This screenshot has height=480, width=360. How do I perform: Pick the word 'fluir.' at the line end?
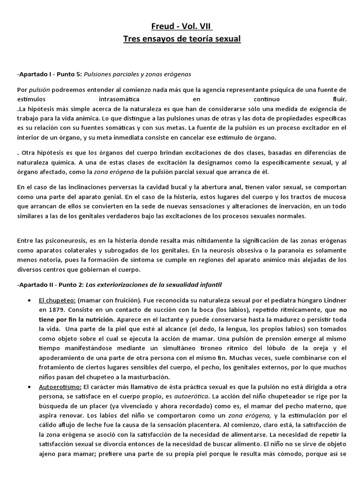pyautogui.click(x=336, y=99)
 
